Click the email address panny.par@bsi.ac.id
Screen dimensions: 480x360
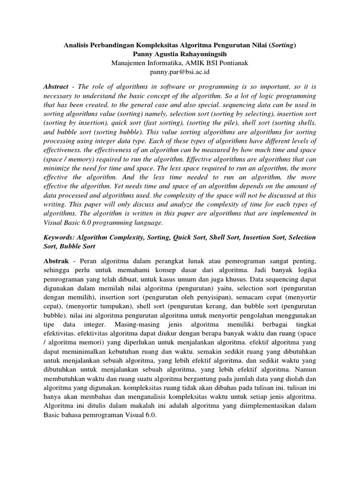(x=180, y=72)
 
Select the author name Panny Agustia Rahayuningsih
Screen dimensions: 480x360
(x=180, y=54)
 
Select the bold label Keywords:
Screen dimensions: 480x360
(x=60, y=238)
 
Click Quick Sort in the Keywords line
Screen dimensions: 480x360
(x=190, y=238)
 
